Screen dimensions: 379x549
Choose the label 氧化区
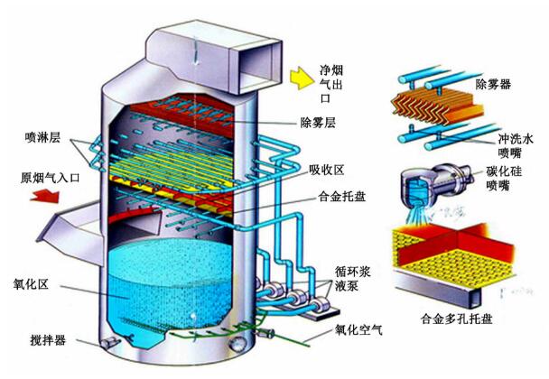(x=32, y=285)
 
